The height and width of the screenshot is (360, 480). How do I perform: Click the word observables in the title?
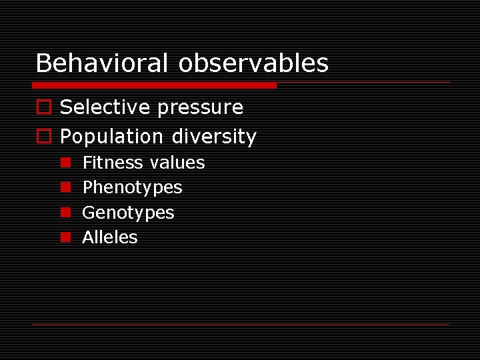coord(253,63)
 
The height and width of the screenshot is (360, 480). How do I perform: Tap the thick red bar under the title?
coord(154,85)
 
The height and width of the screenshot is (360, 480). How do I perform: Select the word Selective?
coord(104,107)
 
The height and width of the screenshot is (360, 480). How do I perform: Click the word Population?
coord(111,137)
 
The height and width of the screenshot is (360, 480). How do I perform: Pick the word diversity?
coord(214,137)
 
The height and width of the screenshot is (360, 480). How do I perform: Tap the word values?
coord(177,163)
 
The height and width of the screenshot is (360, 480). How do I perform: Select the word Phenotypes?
coord(132,188)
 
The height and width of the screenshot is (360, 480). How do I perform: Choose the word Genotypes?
coord(128,213)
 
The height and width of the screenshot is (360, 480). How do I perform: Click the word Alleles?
coord(110,237)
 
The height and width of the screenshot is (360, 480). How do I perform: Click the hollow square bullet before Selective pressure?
coord(43,107)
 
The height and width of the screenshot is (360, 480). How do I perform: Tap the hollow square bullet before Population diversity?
coord(43,137)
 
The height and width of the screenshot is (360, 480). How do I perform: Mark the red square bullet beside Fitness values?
coord(66,163)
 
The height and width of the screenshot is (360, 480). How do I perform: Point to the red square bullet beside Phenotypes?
coord(66,187)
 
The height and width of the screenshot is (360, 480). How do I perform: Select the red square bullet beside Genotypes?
coord(66,213)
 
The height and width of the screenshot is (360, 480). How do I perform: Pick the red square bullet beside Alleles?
coord(66,237)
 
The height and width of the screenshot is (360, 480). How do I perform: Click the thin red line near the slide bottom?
coord(240,324)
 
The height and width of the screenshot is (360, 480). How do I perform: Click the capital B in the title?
coord(43,63)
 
